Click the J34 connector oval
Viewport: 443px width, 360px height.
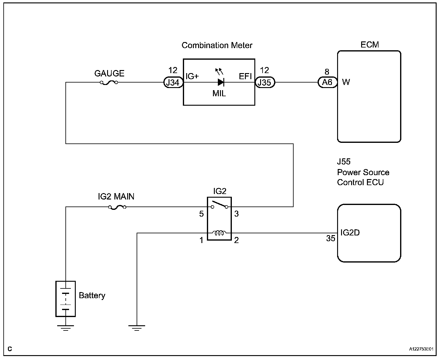click(173, 82)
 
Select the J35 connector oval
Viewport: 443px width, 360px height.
click(265, 82)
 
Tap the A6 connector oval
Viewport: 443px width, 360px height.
click(328, 82)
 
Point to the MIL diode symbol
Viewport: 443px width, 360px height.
click(221, 82)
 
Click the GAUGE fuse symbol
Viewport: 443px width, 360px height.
click(109, 83)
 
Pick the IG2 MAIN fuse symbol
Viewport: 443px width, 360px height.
click(117, 207)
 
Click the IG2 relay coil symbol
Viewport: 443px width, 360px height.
click(219, 233)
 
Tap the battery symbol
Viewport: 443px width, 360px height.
click(65, 299)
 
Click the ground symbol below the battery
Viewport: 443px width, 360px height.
click(65, 328)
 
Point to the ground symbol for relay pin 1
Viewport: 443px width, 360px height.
click(137, 328)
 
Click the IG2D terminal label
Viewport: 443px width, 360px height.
click(350, 233)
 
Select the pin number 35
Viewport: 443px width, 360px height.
click(330, 238)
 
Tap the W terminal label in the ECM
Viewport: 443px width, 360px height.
click(346, 82)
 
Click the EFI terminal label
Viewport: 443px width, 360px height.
click(245, 76)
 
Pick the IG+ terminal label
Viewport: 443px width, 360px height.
click(192, 76)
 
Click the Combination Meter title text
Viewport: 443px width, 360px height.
click(217, 45)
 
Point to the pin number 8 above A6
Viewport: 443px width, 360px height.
click(327, 72)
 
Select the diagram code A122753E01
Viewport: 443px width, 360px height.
click(421, 349)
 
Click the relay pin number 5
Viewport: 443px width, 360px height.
click(201, 214)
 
